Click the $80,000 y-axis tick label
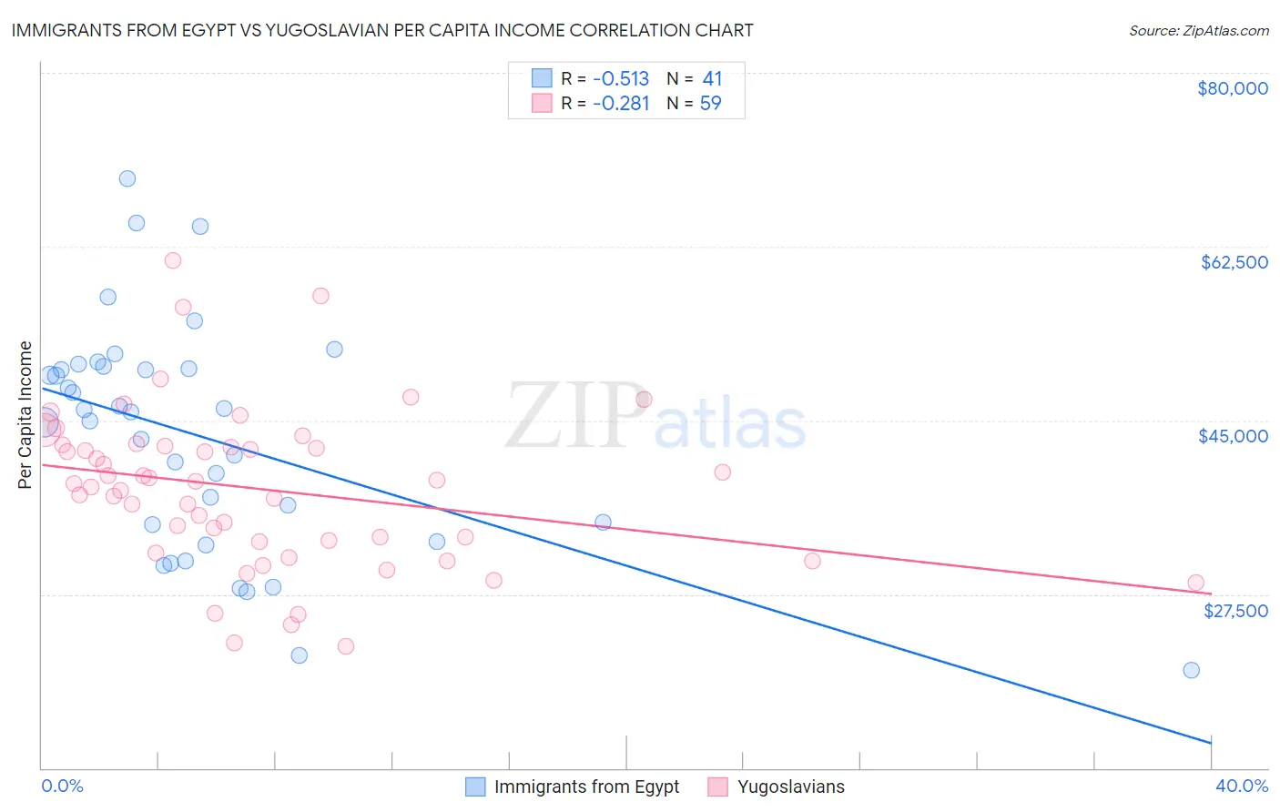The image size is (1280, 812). click(x=1232, y=88)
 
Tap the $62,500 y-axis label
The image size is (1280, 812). click(x=1234, y=262)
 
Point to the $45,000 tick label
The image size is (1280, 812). click(x=1233, y=436)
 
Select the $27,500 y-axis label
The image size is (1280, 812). click(x=1235, y=611)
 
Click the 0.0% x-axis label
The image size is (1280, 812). click(x=62, y=786)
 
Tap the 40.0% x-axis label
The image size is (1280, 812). click(x=1241, y=786)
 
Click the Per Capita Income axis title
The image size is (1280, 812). click(x=25, y=414)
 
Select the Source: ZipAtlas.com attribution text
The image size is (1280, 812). click(x=1198, y=31)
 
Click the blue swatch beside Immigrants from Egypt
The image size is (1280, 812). click(x=475, y=787)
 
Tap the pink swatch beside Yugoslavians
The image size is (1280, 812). click(x=718, y=787)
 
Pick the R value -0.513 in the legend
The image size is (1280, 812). click(x=620, y=78)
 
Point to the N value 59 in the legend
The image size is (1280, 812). click(x=710, y=104)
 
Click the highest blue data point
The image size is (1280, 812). click(x=127, y=178)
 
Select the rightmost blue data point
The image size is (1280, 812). click(x=1191, y=670)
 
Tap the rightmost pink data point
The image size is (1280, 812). click(x=1195, y=583)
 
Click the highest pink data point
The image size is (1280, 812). click(x=173, y=260)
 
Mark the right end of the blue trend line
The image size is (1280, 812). click(x=1212, y=744)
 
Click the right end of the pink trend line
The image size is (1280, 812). click(x=1212, y=594)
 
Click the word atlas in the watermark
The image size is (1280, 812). click(x=730, y=424)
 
